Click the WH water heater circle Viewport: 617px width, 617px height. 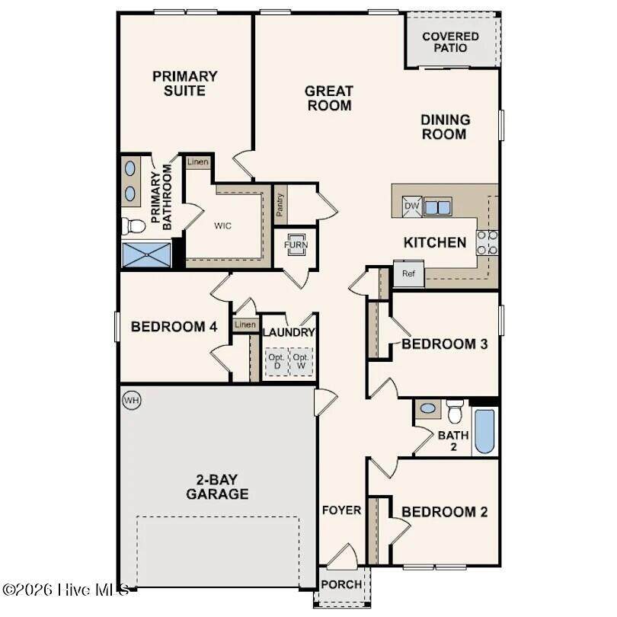point(132,400)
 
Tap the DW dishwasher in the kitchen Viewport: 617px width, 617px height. point(411,206)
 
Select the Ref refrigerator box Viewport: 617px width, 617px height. point(409,273)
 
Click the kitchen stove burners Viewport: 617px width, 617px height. point(488,242)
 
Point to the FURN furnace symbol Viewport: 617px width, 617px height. point(296,245)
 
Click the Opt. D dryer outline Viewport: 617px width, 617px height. point(277,361)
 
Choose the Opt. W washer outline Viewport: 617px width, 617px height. point(301,361)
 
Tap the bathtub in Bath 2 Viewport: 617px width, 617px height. point(484,432)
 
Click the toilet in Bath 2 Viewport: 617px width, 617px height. point(455,411)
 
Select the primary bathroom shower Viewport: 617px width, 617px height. point(146,254)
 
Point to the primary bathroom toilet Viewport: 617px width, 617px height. point(133,226)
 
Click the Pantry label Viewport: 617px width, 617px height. point(280,205)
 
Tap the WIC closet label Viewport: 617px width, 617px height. point(222,226)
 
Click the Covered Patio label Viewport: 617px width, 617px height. point(450,42)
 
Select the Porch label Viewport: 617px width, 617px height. point(341,584)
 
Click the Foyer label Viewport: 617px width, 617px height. point(341,510)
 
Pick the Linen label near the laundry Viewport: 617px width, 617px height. point(245,324)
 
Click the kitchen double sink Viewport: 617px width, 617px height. point(437,207)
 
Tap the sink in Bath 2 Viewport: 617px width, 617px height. point(428,408)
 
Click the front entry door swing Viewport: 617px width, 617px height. point(343,555)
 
